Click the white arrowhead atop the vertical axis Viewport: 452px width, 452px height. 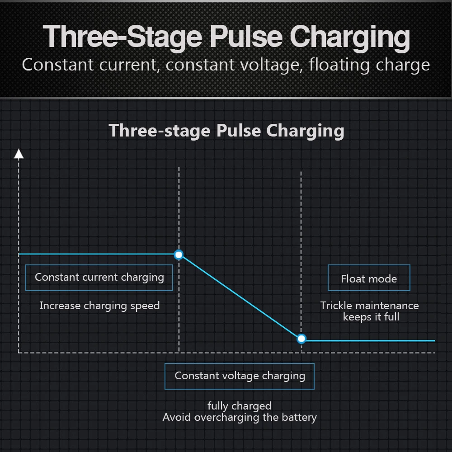click(19, 154)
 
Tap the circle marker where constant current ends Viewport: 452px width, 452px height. click(179, 255)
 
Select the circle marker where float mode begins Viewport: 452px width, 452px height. click(301, 339)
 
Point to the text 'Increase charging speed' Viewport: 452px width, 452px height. click(100, 306)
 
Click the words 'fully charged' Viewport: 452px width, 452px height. click(240, 406)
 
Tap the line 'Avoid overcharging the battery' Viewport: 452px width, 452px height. click(240, 417)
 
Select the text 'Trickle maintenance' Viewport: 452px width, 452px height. click(370, 306)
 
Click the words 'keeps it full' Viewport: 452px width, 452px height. click(371, 317)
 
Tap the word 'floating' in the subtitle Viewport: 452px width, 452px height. click(339, 65)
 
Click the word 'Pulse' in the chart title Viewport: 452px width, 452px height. click(239, 131)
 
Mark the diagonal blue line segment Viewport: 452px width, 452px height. click(240, 297)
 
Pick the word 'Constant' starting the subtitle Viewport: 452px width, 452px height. click(58, 65)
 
